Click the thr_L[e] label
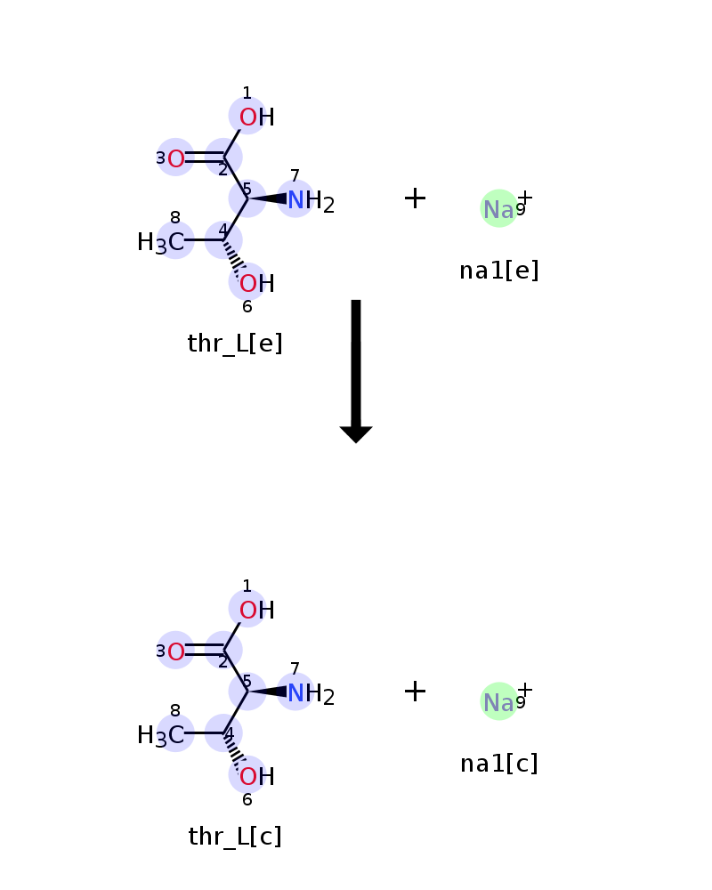tap(235, 344)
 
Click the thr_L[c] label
tap(235, 837)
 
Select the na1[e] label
tap(499, 271)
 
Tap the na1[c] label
tap(499, 764)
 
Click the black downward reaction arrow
tap(356, 371)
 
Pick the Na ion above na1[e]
tap(499, 208)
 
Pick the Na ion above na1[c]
tap(499, 701)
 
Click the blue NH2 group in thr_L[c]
tap(311, 693)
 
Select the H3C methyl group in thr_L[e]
tap(161, 242)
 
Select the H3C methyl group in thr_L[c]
tap(161, 735)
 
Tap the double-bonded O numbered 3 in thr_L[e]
tap(175, 158)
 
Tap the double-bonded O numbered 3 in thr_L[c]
tap(175, 651)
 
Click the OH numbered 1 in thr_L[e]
tap(256, 117)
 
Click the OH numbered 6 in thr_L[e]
tap(256, 283)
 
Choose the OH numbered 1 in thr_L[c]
tap(256, 611)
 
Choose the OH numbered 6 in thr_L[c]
tap(256, 776)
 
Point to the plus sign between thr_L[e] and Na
tap(415, 198)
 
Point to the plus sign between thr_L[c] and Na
tap(415, 691)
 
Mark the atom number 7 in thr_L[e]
tap(295, 175)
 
